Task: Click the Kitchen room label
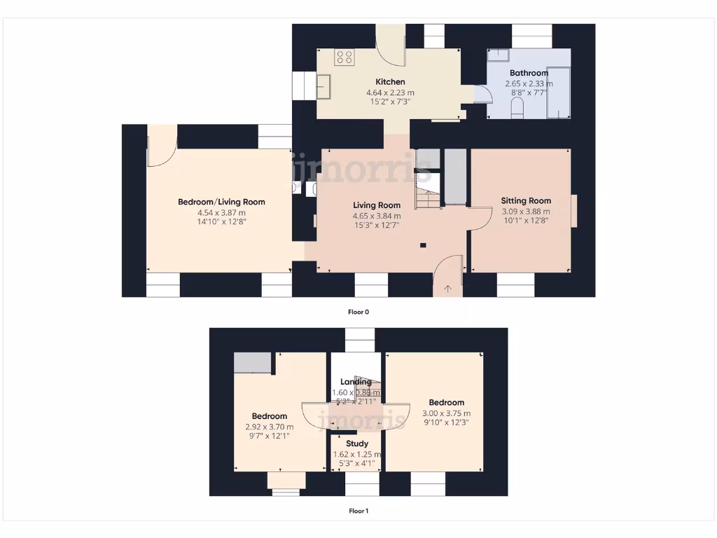390,82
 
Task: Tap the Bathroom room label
529,73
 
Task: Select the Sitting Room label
526,200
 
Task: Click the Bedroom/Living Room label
221,202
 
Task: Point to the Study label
357,443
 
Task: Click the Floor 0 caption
358,312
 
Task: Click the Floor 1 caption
358,511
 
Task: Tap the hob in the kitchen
344,57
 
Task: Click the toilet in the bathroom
518,108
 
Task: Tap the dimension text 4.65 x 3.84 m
377,216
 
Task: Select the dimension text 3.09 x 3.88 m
526,211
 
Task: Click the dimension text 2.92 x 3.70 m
270,427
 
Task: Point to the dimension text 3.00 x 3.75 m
447,413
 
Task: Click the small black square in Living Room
423,244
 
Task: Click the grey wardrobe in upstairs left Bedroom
252,363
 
